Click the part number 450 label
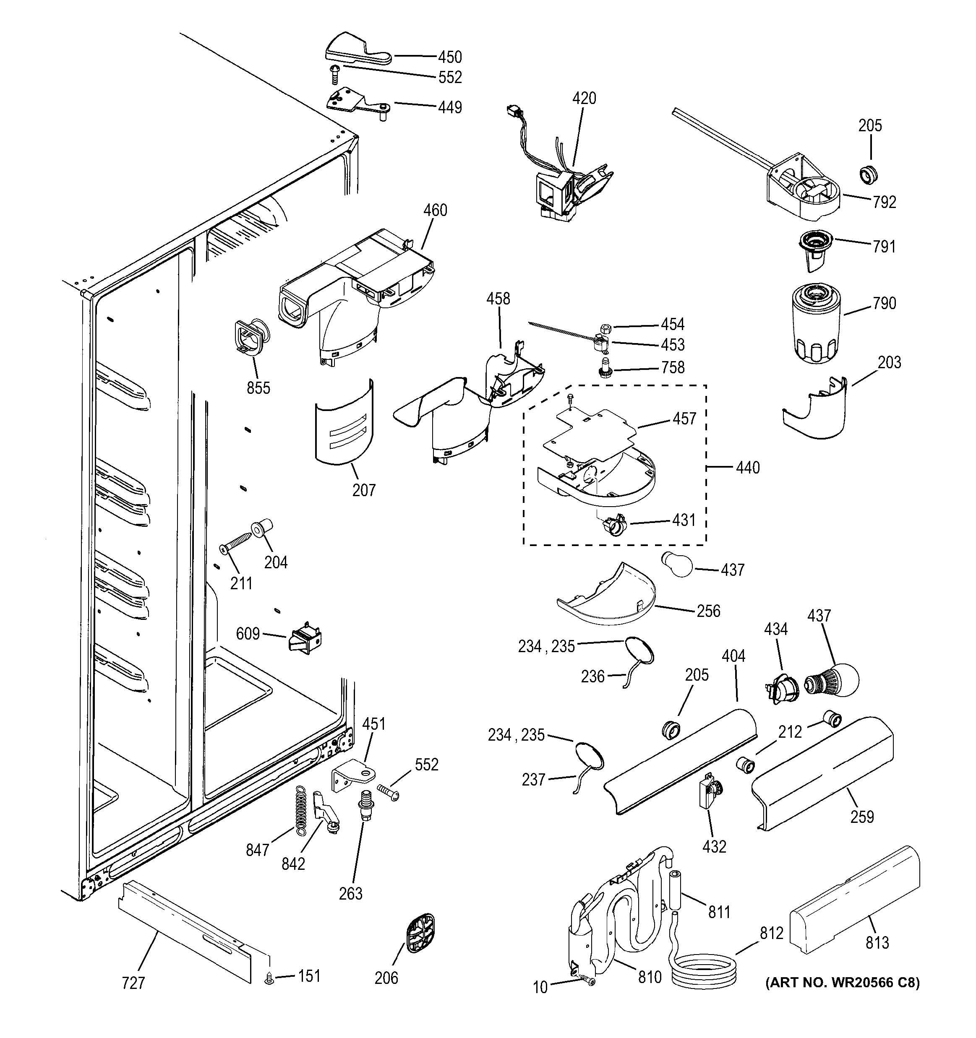tap(450, 57)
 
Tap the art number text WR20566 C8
tap(842, 982)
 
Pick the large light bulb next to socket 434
tap(832, 681)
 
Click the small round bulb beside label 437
tap(677, 565)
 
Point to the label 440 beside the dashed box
tap(747, 467)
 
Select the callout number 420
tap(584, 98)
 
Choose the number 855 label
tap(258, 388)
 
